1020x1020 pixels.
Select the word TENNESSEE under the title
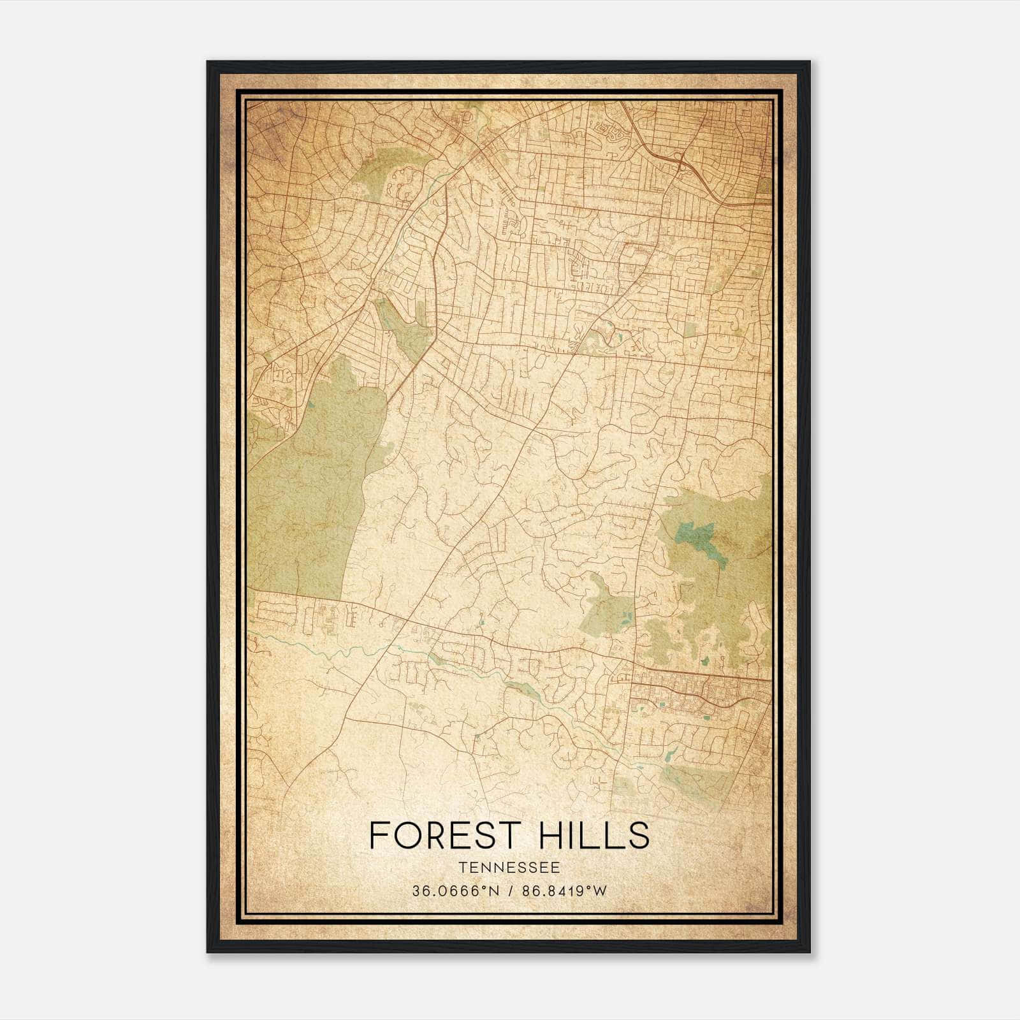(509, 868)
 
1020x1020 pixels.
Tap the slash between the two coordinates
(509, 891)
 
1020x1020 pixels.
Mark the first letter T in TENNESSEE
(461, 868)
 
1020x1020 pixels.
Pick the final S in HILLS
(639, 835)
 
